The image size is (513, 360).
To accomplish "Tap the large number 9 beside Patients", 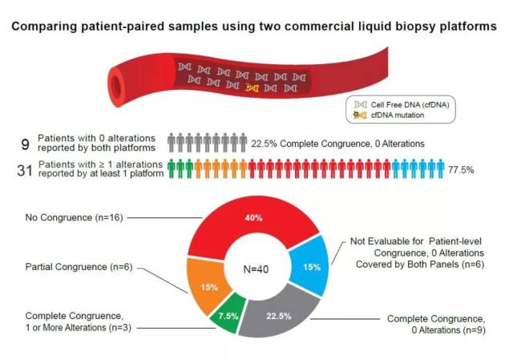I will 26,144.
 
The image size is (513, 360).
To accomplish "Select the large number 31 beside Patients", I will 25,169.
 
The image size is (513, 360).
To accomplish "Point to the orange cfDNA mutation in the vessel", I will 252,86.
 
